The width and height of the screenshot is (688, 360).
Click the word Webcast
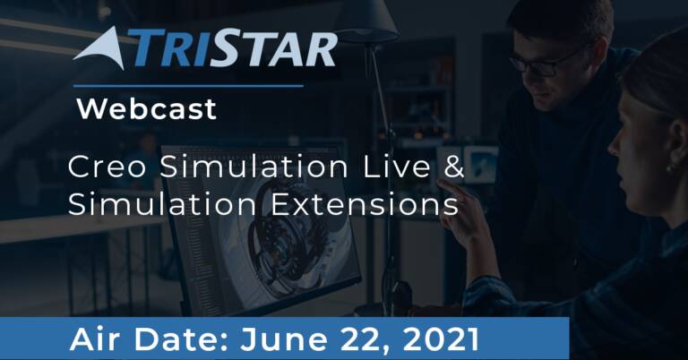[x=147, y=108]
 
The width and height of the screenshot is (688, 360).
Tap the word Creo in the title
[x=107, y=167]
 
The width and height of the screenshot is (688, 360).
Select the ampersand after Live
[x=453, y=167]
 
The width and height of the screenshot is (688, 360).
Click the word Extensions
[x=365, y=204]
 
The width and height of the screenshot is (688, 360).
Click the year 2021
[x=441, y=339]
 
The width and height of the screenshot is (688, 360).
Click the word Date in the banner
[x=181, y=339]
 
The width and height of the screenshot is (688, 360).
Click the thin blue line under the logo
[x=188, y=86]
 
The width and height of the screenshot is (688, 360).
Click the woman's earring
[x=669, y=168]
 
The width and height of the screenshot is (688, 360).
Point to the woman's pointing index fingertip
[x=441, y=182]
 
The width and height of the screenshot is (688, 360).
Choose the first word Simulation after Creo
[x=254, y=167]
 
